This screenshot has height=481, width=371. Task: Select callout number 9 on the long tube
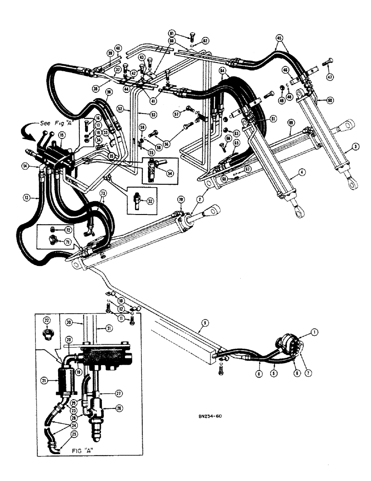coord(200,330)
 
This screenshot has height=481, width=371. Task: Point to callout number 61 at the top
coord(185,33)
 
